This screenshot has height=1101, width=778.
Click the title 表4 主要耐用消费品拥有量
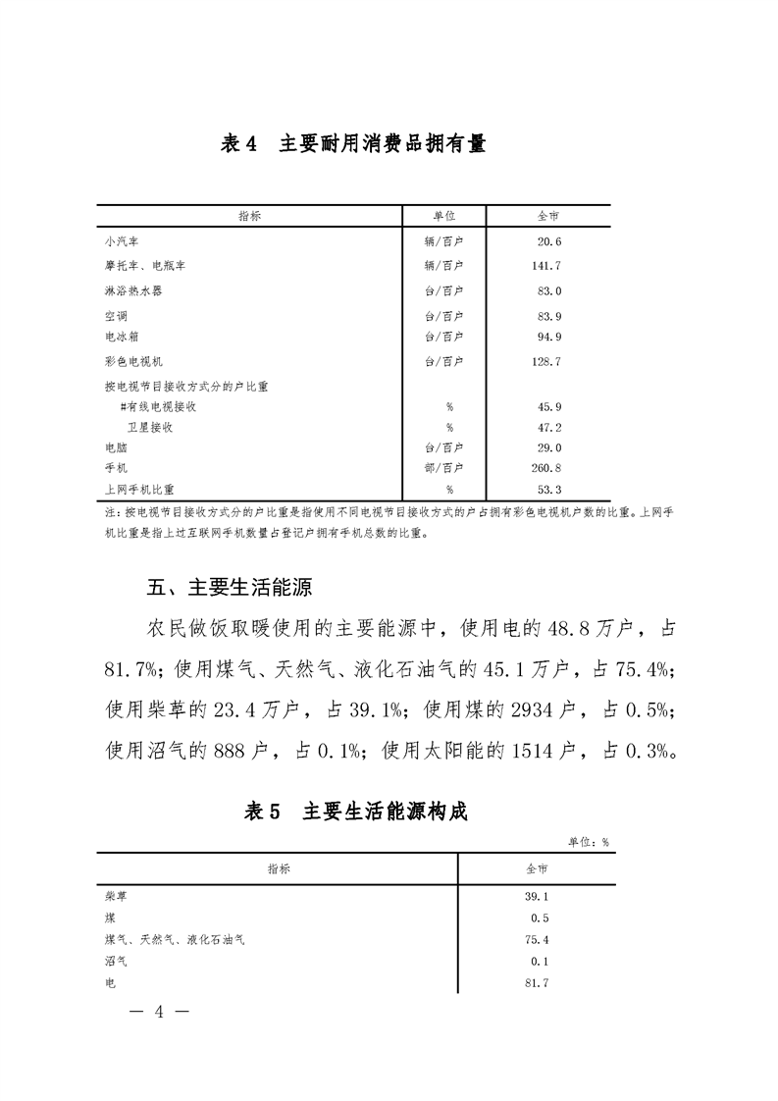tap(353, 144)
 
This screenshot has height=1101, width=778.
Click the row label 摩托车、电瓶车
tap(145, 266)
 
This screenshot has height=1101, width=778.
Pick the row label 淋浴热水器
tap(133, 291)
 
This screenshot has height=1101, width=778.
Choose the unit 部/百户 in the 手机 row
tap(443, 468)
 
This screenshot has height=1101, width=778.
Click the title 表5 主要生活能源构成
tap(355, 812)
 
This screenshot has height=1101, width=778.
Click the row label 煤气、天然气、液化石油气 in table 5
tap(175, 940)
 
